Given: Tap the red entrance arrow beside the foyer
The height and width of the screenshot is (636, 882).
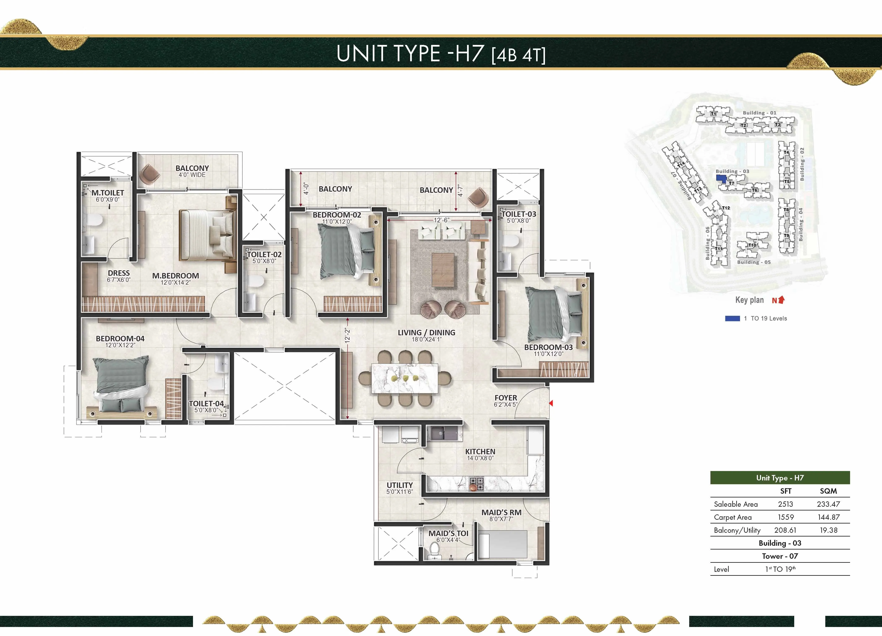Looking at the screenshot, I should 551,403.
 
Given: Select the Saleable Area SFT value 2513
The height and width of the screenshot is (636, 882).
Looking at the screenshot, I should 785,504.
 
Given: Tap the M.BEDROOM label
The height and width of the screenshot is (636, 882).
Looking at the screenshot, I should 175,276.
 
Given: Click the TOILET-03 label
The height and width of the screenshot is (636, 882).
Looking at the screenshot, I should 519,214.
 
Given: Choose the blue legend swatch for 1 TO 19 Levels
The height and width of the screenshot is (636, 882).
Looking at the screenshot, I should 732,318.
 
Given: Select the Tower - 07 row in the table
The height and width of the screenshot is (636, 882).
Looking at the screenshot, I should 780,556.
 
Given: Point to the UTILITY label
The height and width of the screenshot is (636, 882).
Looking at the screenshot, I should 399,485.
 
